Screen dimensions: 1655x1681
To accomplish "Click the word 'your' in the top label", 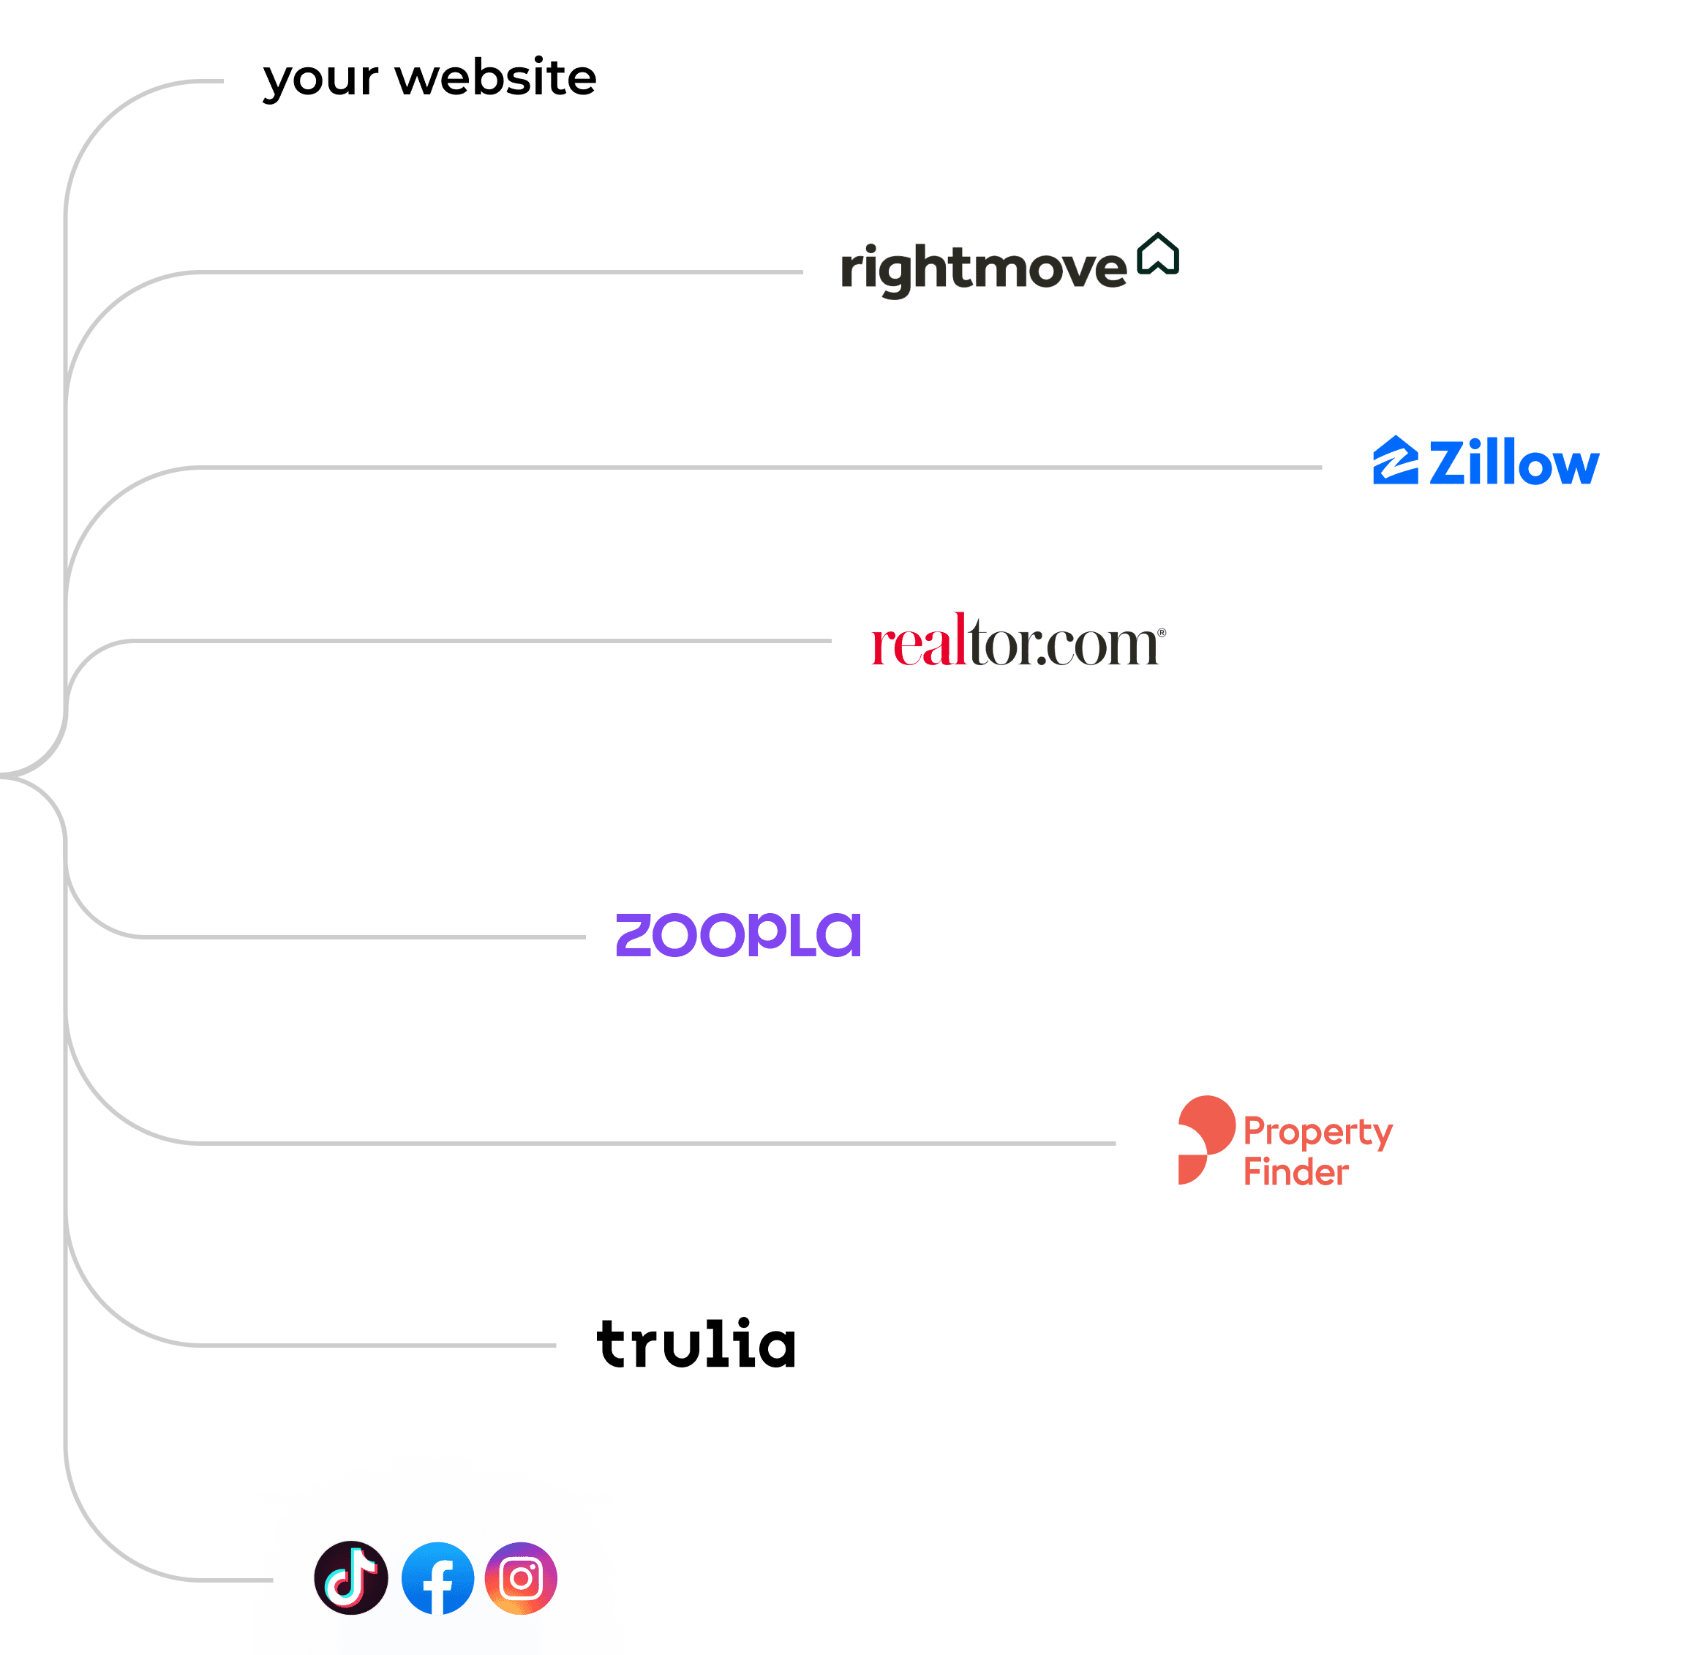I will coord(320,80).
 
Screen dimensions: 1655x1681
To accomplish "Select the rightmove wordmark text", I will coord(982,269).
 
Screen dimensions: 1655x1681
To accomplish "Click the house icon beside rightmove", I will coord(1158,254).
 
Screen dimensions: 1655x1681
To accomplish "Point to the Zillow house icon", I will coord(1395,461).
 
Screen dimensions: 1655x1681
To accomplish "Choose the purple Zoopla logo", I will coord(738,935).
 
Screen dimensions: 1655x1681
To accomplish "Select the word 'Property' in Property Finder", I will coord(1317,1133).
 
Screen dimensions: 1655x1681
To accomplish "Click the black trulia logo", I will coord(696,1344).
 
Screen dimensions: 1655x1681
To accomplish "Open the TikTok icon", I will coord(351,1577).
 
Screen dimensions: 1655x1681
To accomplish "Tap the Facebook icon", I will coord(437,1577).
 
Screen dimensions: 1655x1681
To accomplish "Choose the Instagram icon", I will coord(521,1577).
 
